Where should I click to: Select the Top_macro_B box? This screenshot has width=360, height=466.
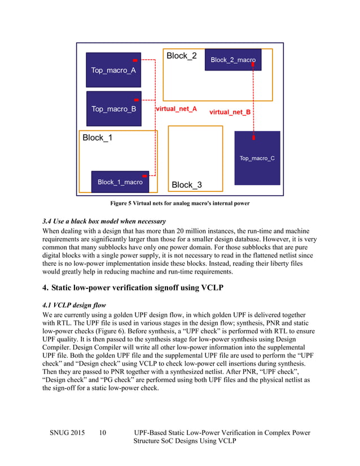click(113, 108)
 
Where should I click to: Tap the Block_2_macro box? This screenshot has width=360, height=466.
click(233, 59)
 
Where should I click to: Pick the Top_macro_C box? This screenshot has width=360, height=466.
click(257, 158)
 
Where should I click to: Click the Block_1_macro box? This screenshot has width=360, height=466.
click(120, 182)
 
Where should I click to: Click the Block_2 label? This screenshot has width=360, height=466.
click(181, 56)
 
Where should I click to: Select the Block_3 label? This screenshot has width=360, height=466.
click(187, 184)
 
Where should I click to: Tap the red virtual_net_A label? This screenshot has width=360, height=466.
click(176, 109)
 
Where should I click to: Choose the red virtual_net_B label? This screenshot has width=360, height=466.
click(230, 112)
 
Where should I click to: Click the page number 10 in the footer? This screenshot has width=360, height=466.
click(103, 433)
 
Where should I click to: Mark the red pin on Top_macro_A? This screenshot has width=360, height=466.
click(135, 60)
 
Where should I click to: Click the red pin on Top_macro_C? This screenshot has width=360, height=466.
click(253, 137)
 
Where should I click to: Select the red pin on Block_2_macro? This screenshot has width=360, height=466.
click(252, 65)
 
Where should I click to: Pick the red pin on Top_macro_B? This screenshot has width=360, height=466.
click(137, 99)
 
